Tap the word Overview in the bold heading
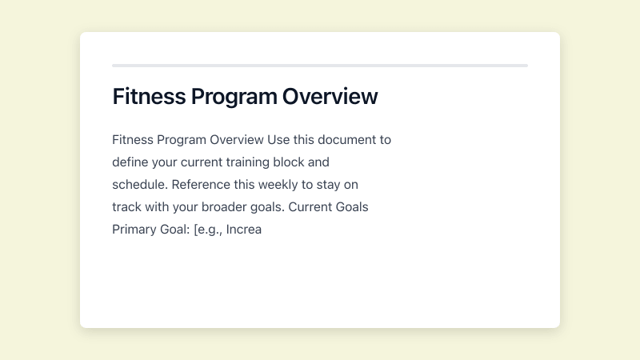click(x=330, y=97)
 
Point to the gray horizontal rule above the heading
click(x=320, y=65)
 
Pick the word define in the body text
click(x=130, y=162)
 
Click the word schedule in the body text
click(x=139, y=184)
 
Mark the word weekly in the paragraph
click(x=282, y=184)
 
